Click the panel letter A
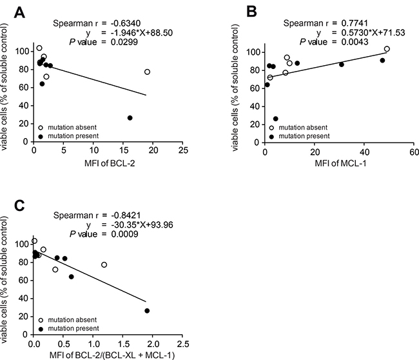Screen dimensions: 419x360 pos(19,12)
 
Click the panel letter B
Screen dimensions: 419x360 pos(251,12)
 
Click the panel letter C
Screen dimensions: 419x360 pos(19,205)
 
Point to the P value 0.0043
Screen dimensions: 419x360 pos(355,42)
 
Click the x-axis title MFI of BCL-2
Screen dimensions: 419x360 pos(110,163)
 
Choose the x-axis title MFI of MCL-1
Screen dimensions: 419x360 pos(340,163)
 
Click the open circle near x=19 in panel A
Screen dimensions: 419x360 pos(147,72)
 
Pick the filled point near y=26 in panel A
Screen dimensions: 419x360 pos(130,118)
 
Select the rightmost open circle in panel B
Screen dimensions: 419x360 pos(387,49)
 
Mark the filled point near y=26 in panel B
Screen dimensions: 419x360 pos(275,119)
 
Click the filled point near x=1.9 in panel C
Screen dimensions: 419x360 pos(147,311)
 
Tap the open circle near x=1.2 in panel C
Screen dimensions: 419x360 pos(104,265)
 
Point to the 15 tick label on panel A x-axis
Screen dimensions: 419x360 pos(123,150)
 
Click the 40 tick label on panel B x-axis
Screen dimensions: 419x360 pos(364,152)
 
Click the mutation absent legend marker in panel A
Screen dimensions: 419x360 pos(41,128)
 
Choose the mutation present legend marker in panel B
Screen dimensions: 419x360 pos(271,136)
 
